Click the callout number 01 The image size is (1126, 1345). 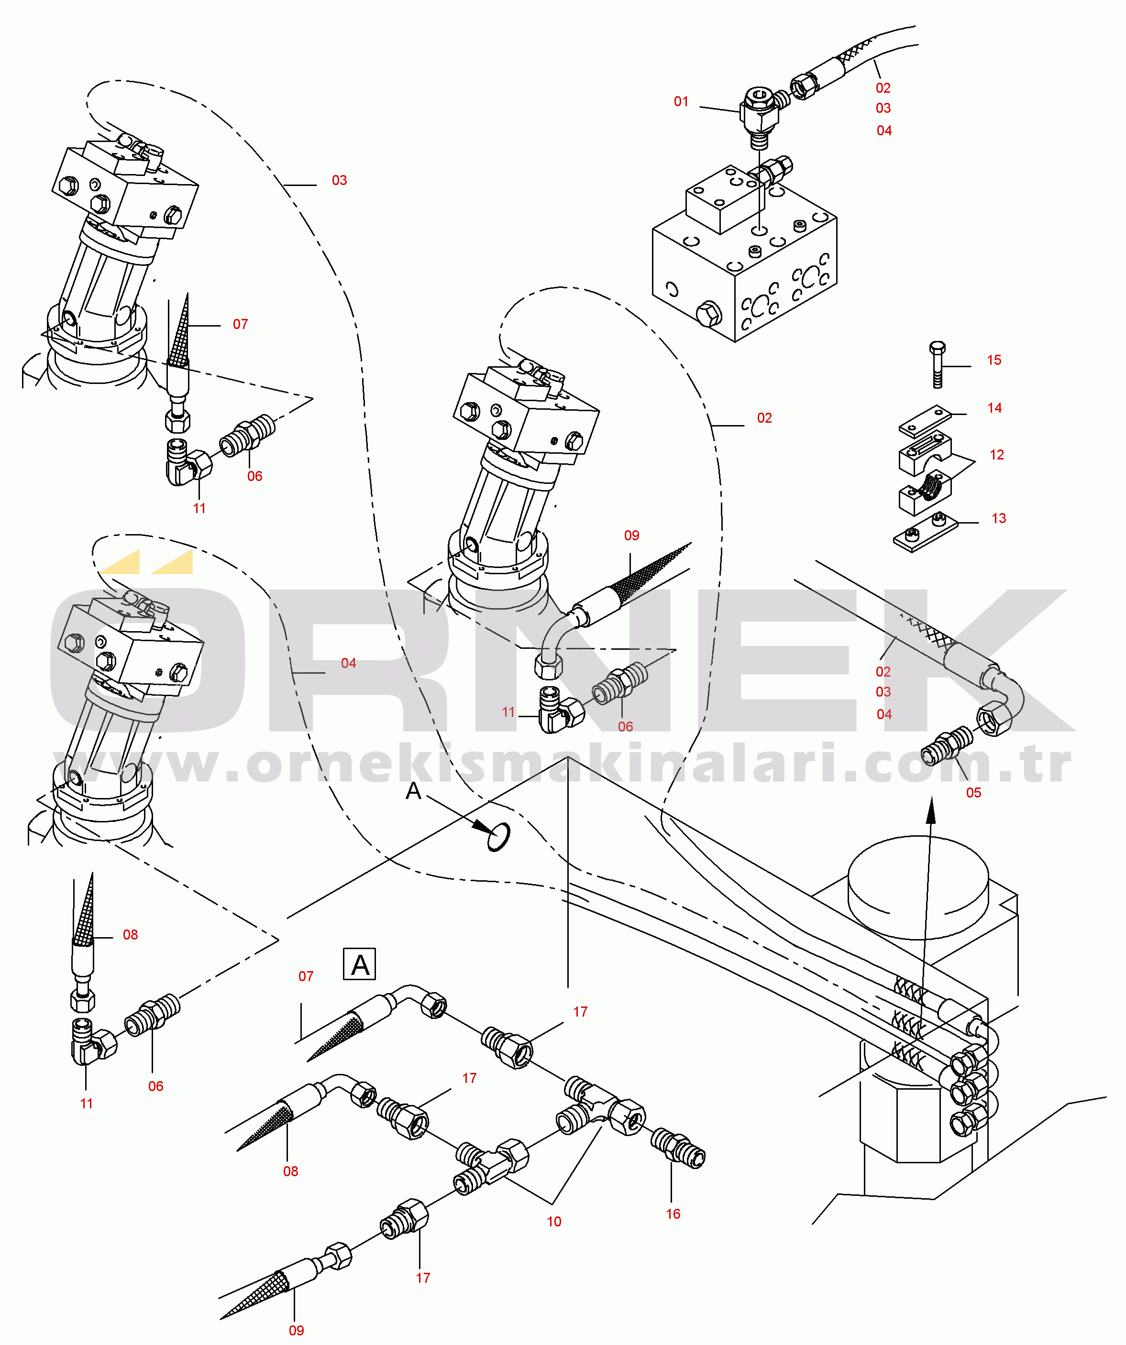point(681,101)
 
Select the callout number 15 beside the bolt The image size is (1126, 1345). point(994,360)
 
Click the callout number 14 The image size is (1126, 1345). point(994,408)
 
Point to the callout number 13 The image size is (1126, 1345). point(998,518)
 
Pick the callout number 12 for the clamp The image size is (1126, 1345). point(996,455)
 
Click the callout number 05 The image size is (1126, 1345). point(973,792)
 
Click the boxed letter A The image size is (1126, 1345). point(360,964)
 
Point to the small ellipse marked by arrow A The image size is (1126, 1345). point(498,837)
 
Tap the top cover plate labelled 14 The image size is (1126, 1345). point(924,420)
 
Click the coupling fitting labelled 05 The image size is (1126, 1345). point(947,746)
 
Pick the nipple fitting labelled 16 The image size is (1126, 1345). point(678,1149)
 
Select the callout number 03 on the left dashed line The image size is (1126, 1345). point(339,181)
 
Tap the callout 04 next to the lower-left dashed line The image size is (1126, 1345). point(348,663)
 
